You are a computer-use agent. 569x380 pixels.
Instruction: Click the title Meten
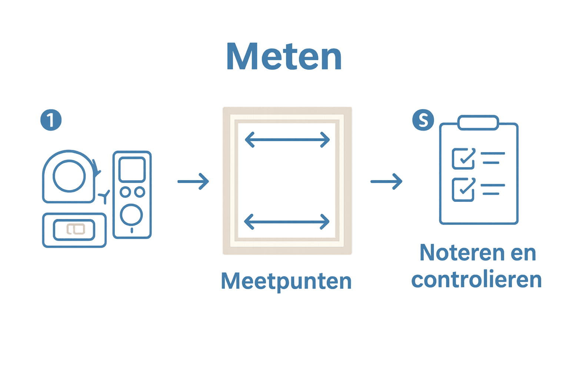point(284,57)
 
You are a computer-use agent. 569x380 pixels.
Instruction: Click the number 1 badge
point(51,120)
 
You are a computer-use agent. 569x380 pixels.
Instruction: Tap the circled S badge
point(423,120)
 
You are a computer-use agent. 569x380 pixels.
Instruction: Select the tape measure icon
point(70,177)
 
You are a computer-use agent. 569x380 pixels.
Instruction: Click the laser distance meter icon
point(132,194)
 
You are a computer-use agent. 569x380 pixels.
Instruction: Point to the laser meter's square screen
point(132,169)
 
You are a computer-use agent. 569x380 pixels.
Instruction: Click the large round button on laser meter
point(132,215)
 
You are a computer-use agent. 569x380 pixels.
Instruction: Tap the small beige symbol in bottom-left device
point(76,230)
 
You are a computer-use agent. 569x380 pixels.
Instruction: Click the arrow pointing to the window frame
point(193,181)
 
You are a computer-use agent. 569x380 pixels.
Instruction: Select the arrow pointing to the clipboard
point(386,181)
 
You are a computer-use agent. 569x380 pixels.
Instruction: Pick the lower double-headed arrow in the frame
point(286,222)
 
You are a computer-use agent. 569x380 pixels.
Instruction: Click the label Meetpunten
point(286,281)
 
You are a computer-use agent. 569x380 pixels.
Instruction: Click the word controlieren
point(477,280)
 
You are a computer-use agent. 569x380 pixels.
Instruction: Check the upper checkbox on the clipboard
point(463,158)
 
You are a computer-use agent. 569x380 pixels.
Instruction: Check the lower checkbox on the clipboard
point(463,189)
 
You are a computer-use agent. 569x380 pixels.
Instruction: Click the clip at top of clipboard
point(478,122)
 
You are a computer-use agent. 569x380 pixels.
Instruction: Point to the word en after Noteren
point(523,253)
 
